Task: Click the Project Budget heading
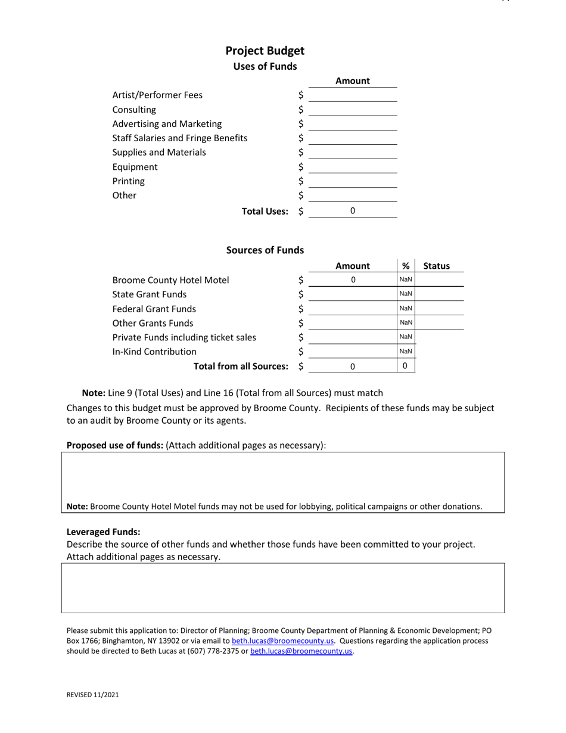click(265, 51)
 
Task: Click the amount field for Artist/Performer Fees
click(353, 95)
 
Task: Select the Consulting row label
click(134, 110)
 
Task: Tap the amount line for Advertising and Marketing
click(353, 124)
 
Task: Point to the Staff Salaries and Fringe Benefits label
click(180, 138)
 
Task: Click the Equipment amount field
click(353, 167)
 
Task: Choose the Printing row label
click(129, 181)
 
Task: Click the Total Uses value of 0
click(353, 210)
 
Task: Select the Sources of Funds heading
click(265, 250)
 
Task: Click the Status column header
click(436, 266)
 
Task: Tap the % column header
click(406, 266)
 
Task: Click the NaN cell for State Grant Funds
click(406, 294)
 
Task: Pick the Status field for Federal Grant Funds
click(439, 308)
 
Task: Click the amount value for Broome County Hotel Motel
click(353, 279)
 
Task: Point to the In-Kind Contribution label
click(154, 352)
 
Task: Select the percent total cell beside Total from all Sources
click(406, 366)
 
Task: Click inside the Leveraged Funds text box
click(282, 588)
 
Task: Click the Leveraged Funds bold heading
click(103, 532)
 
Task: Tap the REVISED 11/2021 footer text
click(92, 695)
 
